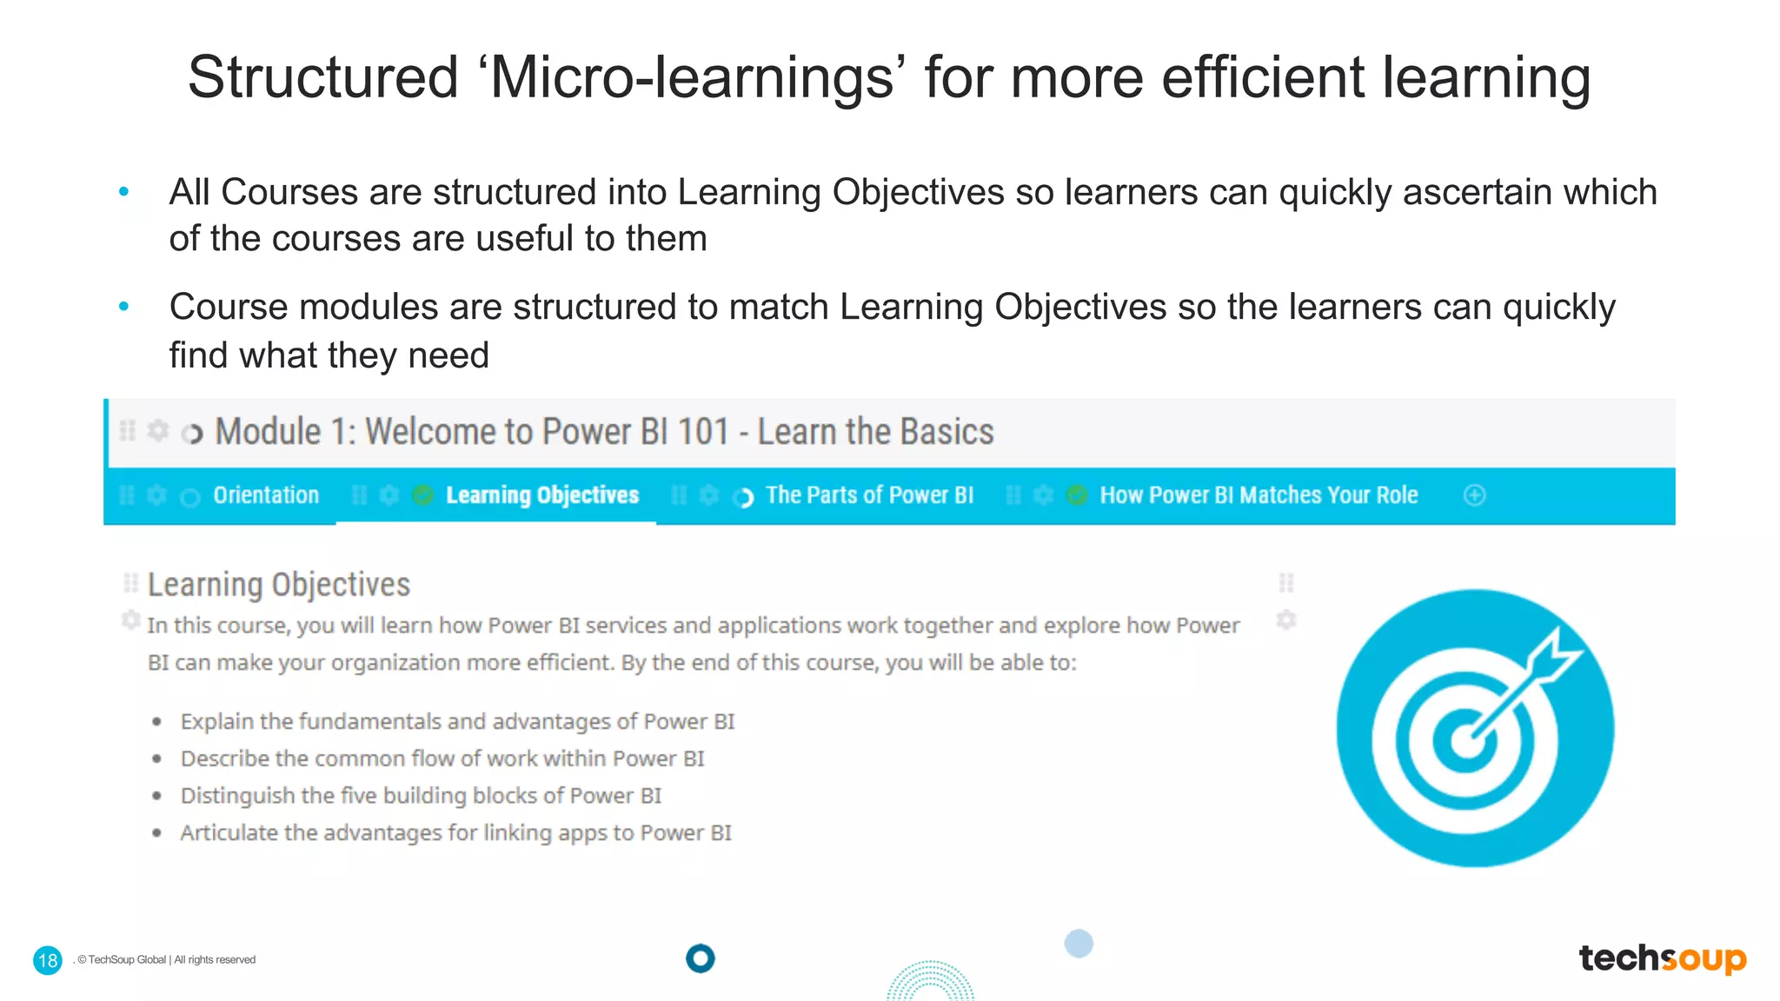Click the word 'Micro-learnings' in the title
coord(692,78)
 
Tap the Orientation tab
coord(266,495)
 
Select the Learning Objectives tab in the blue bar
coord(542,495)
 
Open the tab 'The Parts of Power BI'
coord(869,495)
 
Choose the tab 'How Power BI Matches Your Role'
coord(1259,495)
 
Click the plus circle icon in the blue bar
coord(1474,495)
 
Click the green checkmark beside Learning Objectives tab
coord(422,495)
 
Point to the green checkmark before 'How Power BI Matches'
coord(1076,495)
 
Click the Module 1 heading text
coord(604,432)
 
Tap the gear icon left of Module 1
coord(158,430)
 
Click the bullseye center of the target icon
coord(1466,741)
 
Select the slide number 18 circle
coord(48,960)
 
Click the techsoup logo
coord(1662,958)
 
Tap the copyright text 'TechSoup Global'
coord(127,960)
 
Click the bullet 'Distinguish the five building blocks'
coord(421,796)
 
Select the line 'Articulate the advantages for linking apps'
coord(455,833)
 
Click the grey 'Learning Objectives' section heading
coord(278,585)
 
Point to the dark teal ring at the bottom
coord(700,958)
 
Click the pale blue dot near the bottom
coord(1079,944)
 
